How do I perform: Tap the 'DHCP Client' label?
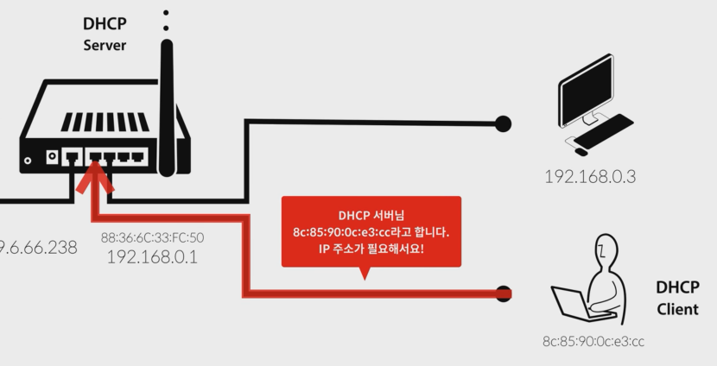click(677, 297)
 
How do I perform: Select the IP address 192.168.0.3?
click(590, 177)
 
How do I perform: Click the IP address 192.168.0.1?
click(152, 256)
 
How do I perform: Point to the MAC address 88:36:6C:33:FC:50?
click(152, 237)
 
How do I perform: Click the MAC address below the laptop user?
click(593, 341)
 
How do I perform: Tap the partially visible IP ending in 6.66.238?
click(39, 248)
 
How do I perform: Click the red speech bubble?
click(371, 231)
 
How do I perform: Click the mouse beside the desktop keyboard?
click(581, 151)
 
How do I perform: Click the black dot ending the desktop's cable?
click(502, 123)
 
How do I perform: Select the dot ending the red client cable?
click(503, 294)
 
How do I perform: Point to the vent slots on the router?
click(105, 122)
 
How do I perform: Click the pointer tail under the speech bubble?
click(365, 273)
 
